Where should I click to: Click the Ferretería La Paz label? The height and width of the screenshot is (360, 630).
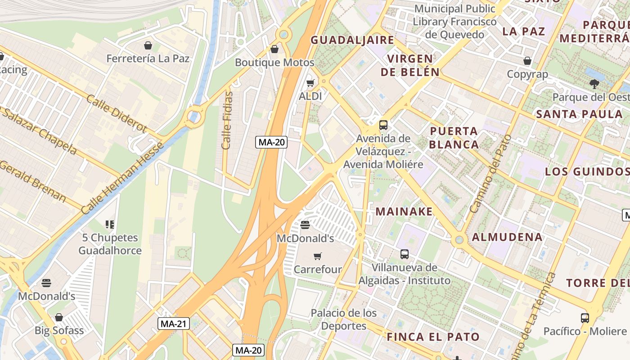148,58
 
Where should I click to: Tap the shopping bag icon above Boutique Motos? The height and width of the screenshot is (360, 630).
274,49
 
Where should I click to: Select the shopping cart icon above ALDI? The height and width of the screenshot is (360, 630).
310,83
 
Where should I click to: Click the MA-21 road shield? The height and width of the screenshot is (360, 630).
174,323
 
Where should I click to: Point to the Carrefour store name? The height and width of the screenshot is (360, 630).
318,270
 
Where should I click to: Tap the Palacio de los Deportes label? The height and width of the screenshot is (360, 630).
344,319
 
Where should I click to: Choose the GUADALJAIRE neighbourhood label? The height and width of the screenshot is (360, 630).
352,40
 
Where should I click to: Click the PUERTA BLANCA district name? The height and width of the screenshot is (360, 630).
454,138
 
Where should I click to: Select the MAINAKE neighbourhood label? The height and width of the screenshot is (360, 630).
404,211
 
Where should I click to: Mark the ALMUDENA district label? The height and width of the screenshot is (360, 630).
507,237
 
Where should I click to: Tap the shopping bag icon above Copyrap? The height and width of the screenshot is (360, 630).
527,61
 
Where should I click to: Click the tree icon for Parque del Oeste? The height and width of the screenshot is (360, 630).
594,84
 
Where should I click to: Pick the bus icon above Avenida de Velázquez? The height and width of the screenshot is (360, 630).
383,125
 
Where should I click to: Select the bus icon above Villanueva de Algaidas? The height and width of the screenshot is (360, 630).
405,254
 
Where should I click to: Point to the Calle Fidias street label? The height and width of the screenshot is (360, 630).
227,120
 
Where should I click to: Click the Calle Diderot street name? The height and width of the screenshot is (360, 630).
117,113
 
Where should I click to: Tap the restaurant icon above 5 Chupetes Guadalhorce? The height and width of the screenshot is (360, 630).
110,224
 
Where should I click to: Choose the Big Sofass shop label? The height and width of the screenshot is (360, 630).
59,330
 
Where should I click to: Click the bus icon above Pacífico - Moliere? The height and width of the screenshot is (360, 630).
585,318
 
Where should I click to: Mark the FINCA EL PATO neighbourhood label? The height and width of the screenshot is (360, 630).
433,337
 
